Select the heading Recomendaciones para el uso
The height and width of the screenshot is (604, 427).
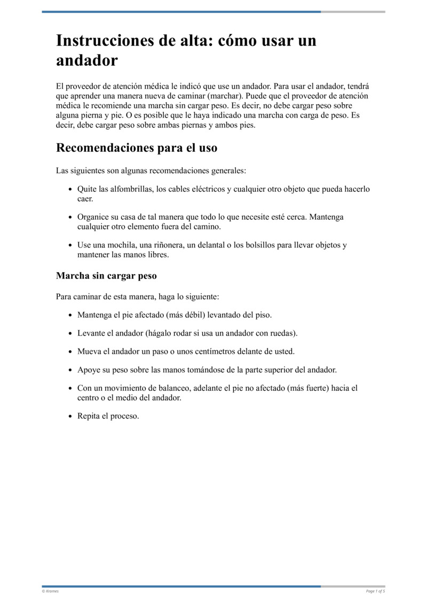(x=137, y=148)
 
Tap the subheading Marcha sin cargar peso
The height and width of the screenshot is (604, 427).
(x=106, y=276)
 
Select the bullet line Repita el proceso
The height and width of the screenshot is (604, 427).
(x=108, y=416)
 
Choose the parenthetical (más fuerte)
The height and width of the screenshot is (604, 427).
(x=308, y=388)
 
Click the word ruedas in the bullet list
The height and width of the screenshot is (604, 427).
(x=282, y=333)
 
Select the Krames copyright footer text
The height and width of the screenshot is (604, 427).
(x=50, y=591)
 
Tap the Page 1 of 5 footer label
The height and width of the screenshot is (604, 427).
(x=375, y=591)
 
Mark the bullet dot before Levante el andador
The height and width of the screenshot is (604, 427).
(x=71, y=334)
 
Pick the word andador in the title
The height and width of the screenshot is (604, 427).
(x=87, y=60)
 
